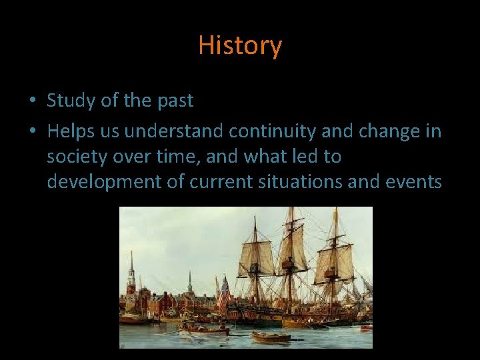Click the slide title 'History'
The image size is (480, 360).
(x=240, y=46)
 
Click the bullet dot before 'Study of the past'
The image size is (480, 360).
(x=33, y=102)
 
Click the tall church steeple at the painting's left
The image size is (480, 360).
(x=131, y=273)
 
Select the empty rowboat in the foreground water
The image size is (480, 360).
(x=271, y=337)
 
